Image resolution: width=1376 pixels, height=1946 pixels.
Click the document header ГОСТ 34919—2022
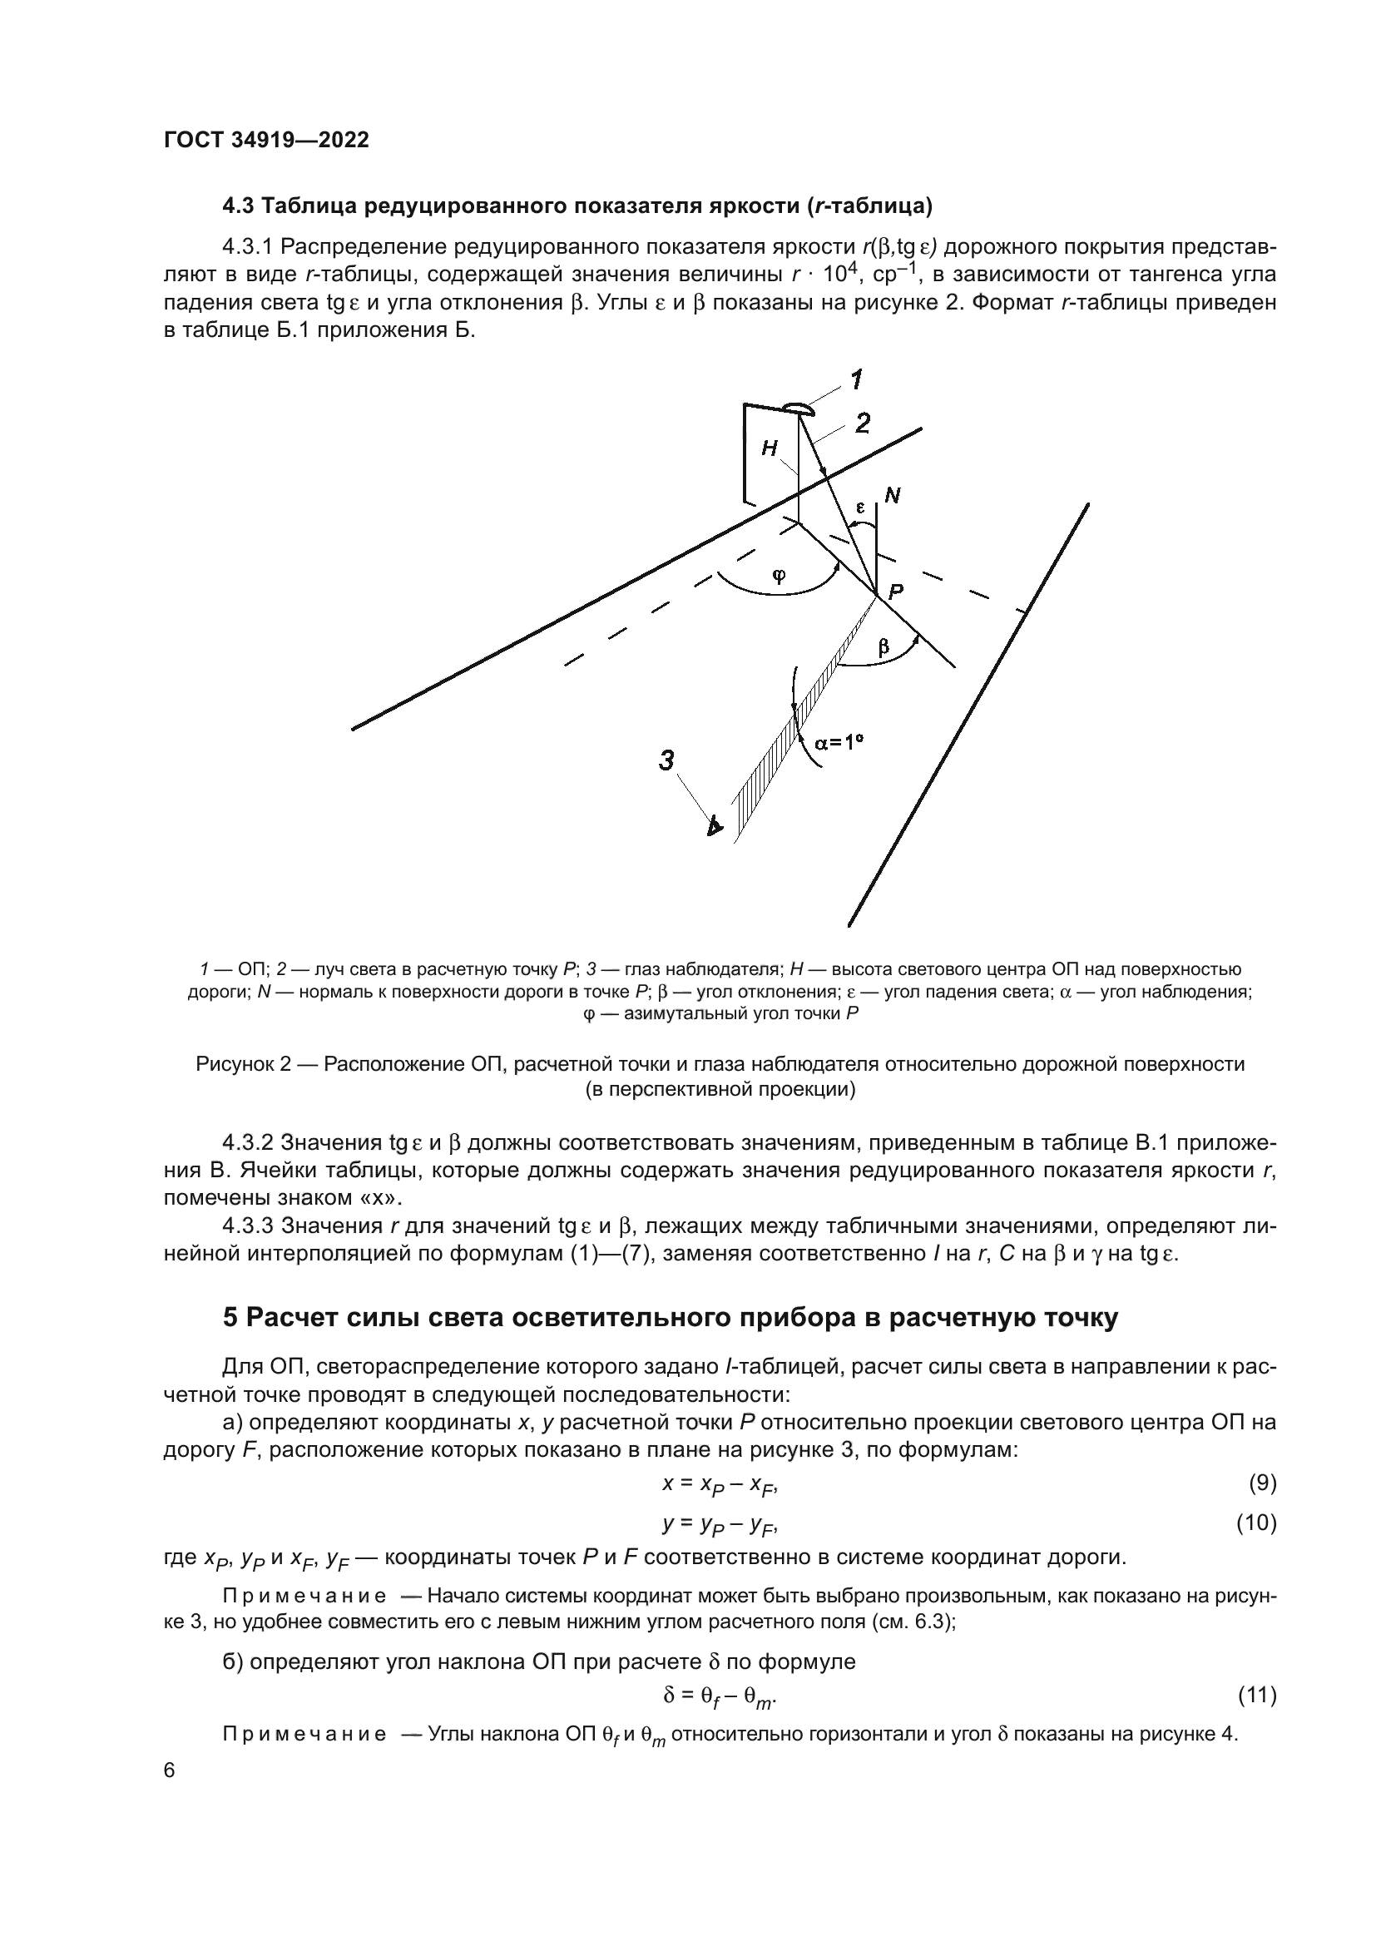click(266, 141)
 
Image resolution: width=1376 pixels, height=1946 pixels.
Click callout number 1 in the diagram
click(857, 380)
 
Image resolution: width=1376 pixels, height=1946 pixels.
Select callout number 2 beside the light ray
click(863, 423)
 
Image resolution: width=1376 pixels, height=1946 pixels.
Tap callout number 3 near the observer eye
click(667, 760)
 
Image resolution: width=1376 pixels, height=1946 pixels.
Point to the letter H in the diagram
click(770, 448)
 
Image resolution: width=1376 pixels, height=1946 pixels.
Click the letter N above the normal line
click(892, 496)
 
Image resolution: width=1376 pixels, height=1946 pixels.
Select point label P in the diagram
click(895, 592)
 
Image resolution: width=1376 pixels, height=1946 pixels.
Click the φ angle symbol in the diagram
click(779, 576)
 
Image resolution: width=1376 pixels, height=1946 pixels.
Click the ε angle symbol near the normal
click(859, 508)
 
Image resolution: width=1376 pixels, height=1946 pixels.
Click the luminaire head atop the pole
click(798, 409)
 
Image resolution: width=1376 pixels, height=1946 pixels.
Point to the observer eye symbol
click(715, 824)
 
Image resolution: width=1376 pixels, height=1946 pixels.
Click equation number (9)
click(1262, 1483)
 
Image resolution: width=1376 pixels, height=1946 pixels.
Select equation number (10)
click(1256, 1523)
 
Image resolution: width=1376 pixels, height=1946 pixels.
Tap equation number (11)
click(1256, 1695)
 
